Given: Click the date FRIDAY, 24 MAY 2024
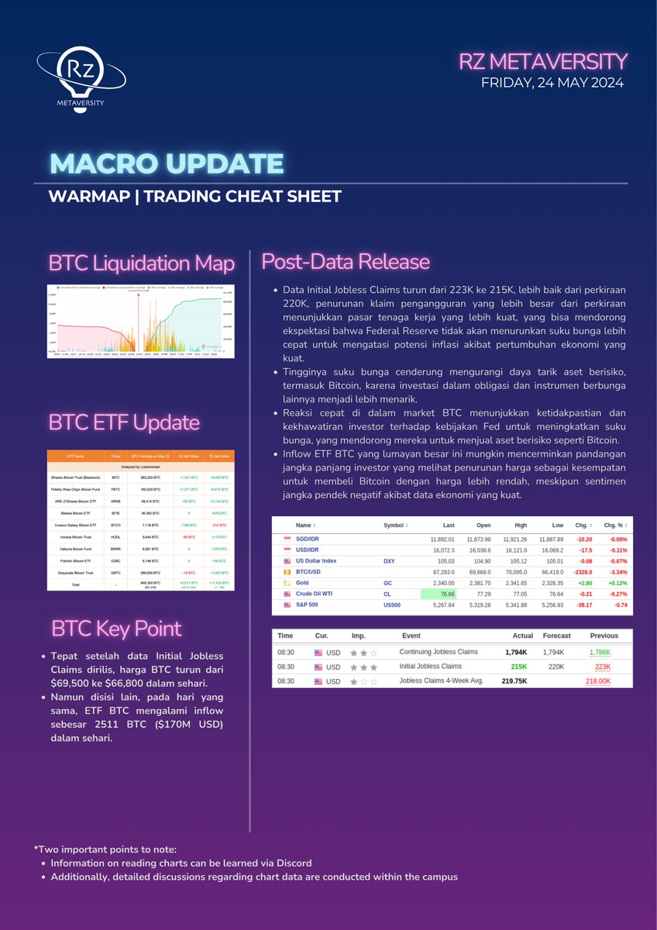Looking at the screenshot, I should click(552, 82).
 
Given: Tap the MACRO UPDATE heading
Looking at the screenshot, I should click(167, 164).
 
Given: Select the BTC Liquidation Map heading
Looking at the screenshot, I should click(142, 263).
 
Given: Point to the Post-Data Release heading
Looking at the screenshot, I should click(346, 261).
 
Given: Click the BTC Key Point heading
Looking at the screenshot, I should click(116, 629).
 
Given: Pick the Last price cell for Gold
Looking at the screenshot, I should click(439, 582).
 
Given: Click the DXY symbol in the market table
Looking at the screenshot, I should click(390, 560).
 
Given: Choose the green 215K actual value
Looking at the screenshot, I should click(518, 666).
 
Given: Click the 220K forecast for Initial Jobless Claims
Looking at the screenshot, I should click(556, 666).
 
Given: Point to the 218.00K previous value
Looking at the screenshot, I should click(597, 681).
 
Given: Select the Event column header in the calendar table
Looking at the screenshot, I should click(411, 635).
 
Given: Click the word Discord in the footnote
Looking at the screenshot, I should click(295, 863).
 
